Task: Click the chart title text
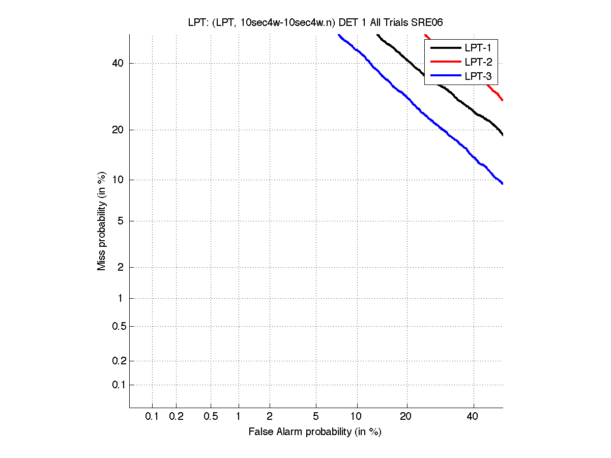coord(315,23)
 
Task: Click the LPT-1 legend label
coord(477,48)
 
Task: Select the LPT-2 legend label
coord(477,63)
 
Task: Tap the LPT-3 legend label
coord(477,77)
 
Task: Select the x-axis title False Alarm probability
coord(315,432)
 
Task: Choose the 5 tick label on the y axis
coord(120,221)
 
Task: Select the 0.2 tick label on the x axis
coord(176,416)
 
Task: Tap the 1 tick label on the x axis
coord(238,416)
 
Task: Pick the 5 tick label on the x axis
coord(316,416)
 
